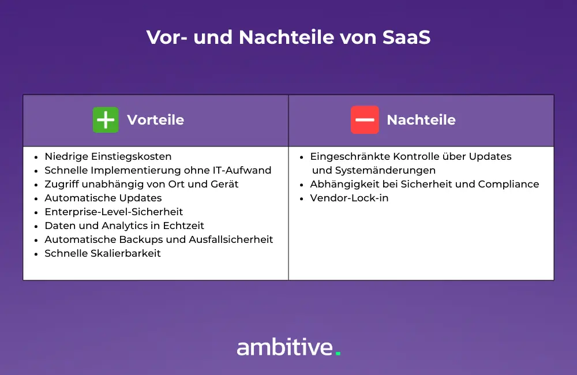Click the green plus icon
[106, 120]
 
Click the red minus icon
[365, 120]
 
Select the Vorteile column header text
[155, 120]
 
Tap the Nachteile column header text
[421, 120]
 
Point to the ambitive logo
[286, 347]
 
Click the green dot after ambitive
[338, 353]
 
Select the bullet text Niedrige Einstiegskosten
[108, 156]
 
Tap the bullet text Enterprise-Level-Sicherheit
[114, 212]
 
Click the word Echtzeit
[183, 226]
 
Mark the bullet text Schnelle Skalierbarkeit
[103, 253]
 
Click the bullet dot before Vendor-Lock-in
[302, 198]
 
